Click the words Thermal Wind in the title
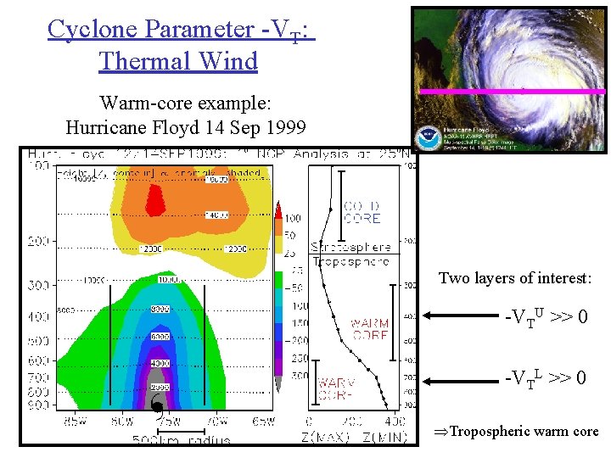pyautogui.click(x=178, y=61)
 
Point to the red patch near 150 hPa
pyautogui.click(x=155, y=200)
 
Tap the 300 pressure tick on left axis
pyautogui.click(x=38, y=285)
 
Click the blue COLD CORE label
pyautogui.click(x=362, y=212)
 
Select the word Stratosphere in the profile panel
pyautogui.click(x=350, y=247)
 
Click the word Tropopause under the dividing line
pyautogui.click(x=350, y=261)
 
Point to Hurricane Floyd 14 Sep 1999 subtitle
pyautogui.click(x=184, y=128)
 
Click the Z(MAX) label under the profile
pyautogui.click(x=323, y=438)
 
